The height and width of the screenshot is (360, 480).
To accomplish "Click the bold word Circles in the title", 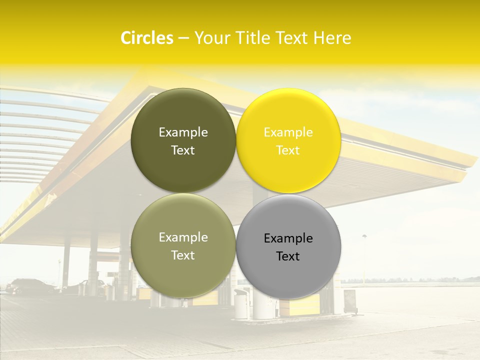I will (147, 38).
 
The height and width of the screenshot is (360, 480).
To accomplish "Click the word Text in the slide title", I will (292, 38).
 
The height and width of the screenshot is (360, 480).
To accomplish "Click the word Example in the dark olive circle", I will (183, 132).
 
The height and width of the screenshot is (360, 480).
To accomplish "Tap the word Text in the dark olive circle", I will (183, 150).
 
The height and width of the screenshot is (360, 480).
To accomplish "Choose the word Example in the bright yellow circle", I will (288, 132).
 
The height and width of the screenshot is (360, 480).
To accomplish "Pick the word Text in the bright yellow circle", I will (288, 150).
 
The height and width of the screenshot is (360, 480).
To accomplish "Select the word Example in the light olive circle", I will (183, 237).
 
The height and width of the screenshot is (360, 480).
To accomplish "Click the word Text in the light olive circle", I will (183, 255).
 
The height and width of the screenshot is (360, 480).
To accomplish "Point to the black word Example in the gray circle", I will (288, 238).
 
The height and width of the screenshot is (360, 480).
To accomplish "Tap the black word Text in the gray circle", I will (288, 256).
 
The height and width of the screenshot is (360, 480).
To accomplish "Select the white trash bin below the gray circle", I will (241, 305).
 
